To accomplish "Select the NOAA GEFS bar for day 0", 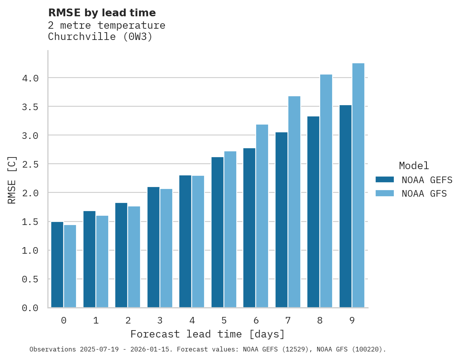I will [x=57, y=265].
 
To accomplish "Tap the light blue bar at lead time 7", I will [x=294, y=202].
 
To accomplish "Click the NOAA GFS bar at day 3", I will [x=166, y=248].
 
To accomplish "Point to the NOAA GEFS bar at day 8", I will [x=313, y=212].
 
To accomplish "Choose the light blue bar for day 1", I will [x=102, y=261].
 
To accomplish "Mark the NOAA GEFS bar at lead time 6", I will [x=249, y=228].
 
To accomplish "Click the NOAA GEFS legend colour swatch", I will [x=385, y=180].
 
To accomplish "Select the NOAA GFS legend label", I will [x=424, y=194].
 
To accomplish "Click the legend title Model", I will [x=414, y=166].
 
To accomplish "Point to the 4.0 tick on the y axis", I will [x=30, y=78].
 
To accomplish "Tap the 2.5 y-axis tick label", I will [x=30, y=164].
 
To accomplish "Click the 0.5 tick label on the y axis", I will [x=30, y=279].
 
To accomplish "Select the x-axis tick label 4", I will [x=192, y=320].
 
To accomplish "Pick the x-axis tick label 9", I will [x=352, y=320].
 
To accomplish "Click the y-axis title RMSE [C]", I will [x=12, y=180].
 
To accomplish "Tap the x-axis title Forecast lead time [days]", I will [x=208, y=334].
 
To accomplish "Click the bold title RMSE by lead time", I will [x=102, y=13].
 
